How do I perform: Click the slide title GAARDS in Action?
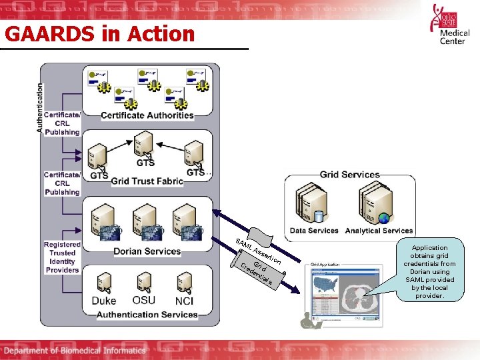[100, 34]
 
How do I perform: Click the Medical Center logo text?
[455, 36]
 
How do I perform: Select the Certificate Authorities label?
[147, 115]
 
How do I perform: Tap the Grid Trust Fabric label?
[147, 181]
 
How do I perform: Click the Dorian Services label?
[147, 251]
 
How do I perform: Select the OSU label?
[144, 300]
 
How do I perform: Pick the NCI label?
[184, 301]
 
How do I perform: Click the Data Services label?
[314, 231]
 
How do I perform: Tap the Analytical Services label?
[379, 231]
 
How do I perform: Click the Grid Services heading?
[349, 175]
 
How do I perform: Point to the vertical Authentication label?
[40, 107]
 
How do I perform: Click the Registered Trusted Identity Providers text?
[62, 257]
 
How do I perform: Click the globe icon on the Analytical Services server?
[384, 218]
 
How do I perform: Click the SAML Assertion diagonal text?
[257, 250]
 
